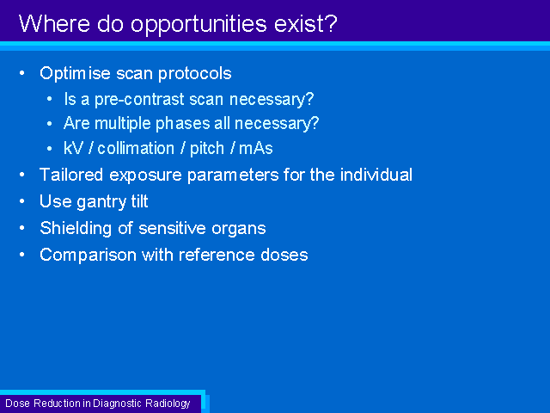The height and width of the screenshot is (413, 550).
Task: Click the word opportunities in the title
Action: click(199, 25)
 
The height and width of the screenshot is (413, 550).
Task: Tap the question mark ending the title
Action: click(331, 23)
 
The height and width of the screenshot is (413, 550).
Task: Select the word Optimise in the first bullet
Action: click(75, 74)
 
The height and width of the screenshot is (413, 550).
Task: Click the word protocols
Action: click(195, 74)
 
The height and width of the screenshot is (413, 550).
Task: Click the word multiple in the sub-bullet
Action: click(123, 124)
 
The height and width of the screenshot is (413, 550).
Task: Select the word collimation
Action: click(136, 148)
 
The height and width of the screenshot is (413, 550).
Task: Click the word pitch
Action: click(207, 149)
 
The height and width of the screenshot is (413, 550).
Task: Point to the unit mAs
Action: click(256, 148)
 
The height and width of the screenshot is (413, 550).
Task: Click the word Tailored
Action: click(71, 175)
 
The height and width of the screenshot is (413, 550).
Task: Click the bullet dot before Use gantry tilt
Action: click(22, 201)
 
